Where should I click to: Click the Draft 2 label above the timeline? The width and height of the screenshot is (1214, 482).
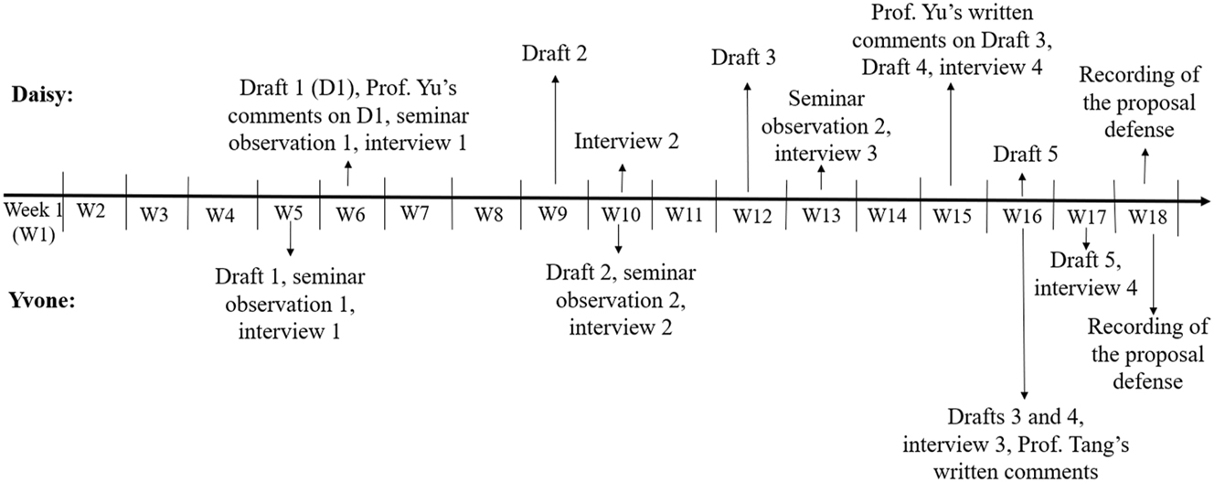tap(555, 53)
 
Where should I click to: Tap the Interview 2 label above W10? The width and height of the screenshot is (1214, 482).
tap(626, 141)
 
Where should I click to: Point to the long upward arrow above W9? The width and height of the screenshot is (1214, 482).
tap(555, 128)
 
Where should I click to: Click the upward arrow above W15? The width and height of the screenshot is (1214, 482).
tap(952, 133)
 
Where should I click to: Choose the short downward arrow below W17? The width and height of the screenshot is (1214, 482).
tap(1085, 240)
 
